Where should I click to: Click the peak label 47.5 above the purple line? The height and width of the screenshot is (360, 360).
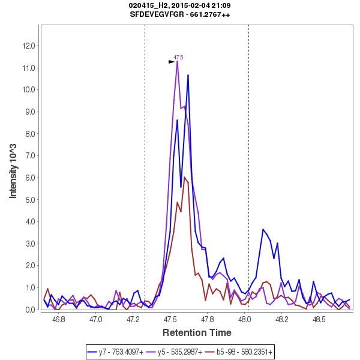(x=178, y=58)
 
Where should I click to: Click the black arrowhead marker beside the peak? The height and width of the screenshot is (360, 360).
(x=172, y=61)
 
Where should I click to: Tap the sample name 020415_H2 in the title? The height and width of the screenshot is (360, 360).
(x=148, y=5)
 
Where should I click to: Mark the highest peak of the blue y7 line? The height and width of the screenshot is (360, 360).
(x=188, y=75)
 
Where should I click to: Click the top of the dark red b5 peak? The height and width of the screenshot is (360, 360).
(x=185, y=178)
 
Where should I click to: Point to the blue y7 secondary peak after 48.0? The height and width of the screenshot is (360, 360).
(x=263, y=229)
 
